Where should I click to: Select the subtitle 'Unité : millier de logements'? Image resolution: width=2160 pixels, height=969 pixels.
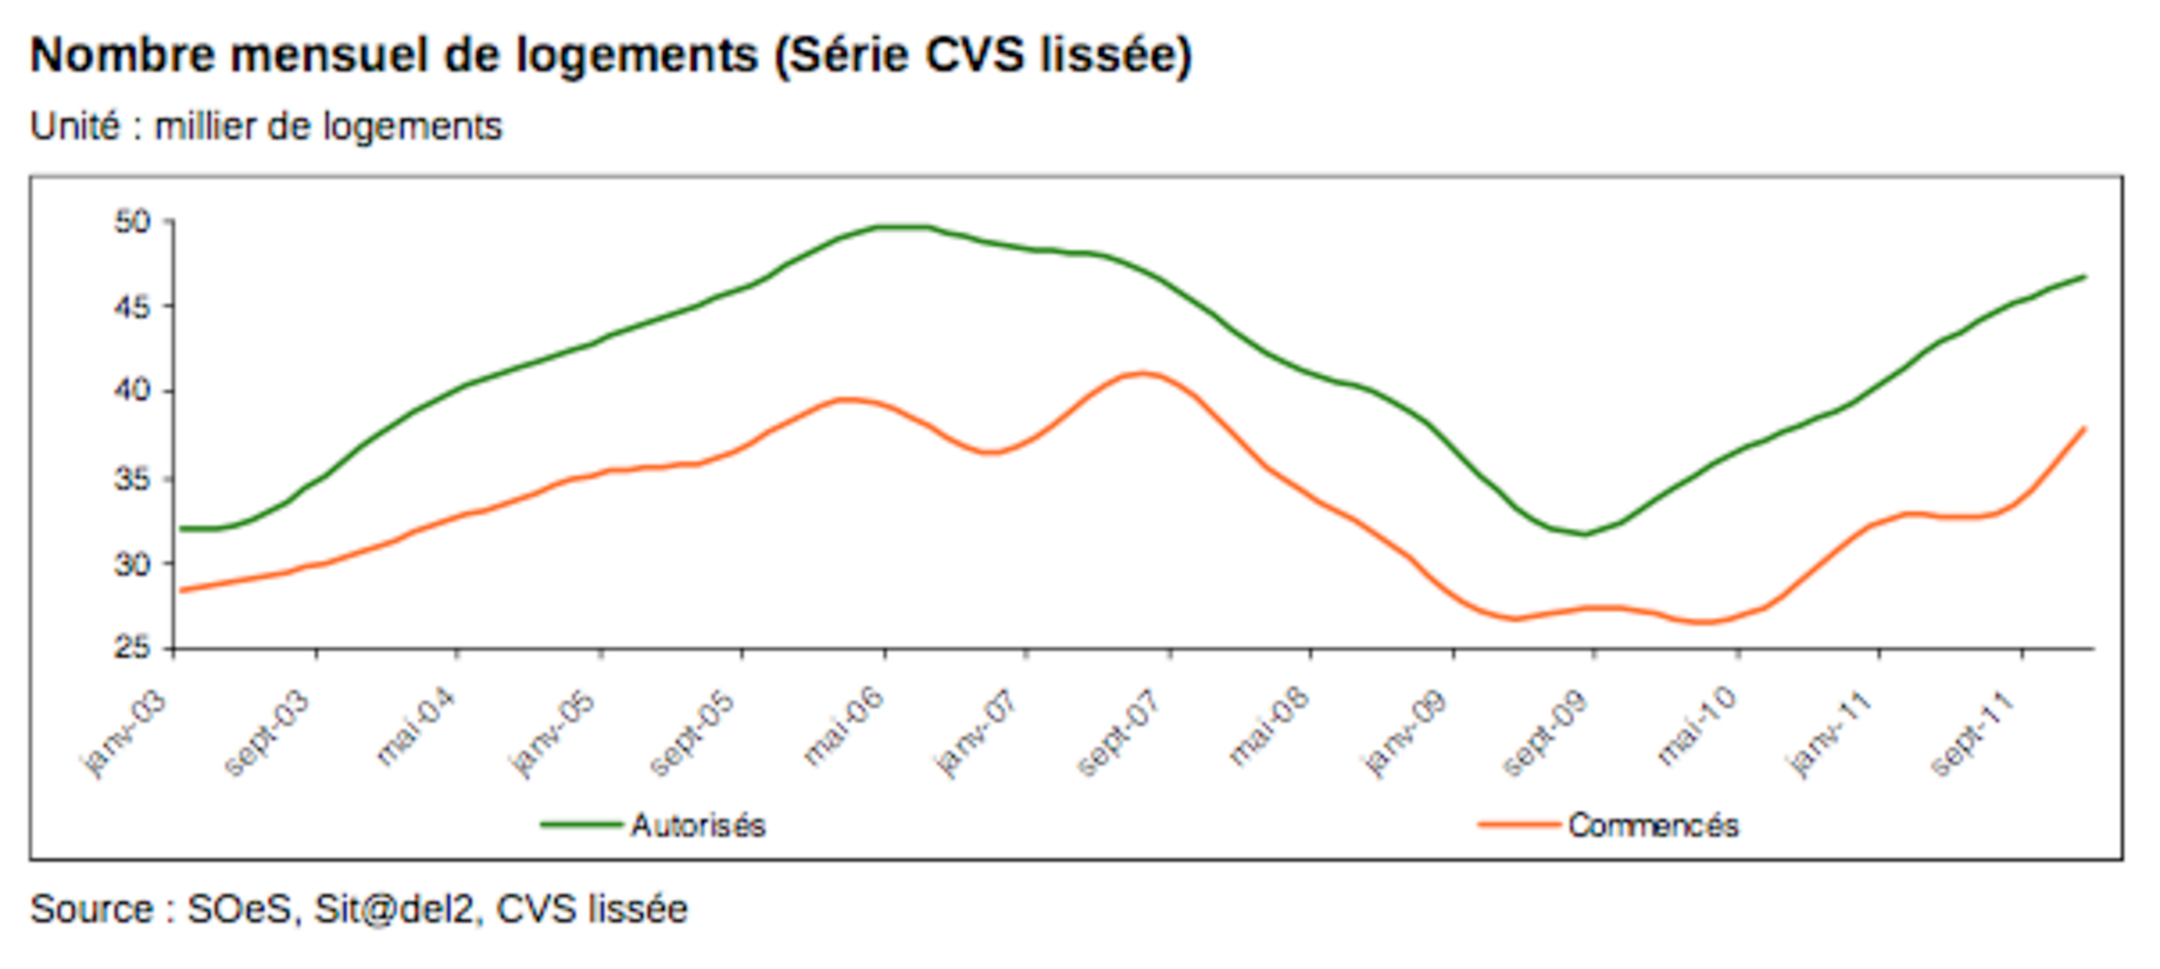coord(265,127)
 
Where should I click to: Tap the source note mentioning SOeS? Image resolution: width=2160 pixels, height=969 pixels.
coord(358,909)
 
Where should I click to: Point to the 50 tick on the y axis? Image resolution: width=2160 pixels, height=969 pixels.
coord(133,222)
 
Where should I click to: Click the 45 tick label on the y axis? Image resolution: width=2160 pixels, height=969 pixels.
coord(133,307)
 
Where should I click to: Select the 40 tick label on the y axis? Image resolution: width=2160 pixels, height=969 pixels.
coord(133,391)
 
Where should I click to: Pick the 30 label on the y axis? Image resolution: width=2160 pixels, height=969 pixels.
coord(133,564)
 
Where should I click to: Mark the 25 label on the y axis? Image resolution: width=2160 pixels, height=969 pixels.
coord(133,648)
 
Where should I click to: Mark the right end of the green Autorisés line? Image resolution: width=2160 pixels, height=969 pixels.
coord(2083,277)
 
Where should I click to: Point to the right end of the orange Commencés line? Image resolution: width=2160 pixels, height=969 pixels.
coord(2083,428)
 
